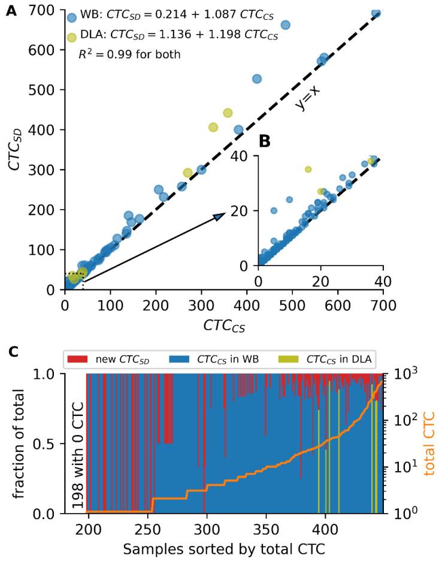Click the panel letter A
(11, 10)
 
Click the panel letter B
(265, 143)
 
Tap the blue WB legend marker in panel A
(72, 19)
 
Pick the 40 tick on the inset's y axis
(244, 156)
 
